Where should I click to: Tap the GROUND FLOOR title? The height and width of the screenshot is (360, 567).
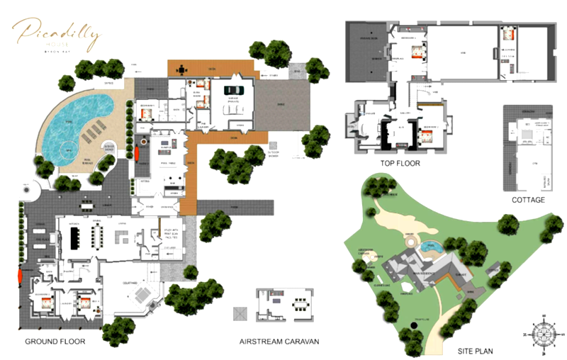pos(55,342)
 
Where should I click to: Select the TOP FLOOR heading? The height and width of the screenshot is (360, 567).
pos(400,163)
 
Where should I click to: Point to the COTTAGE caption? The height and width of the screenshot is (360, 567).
pos(528,200)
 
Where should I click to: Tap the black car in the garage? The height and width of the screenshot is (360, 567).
pos(235,90)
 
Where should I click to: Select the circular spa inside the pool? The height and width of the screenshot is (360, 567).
pos(69,150)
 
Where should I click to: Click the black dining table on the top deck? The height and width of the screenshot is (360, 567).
pos(183,69)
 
